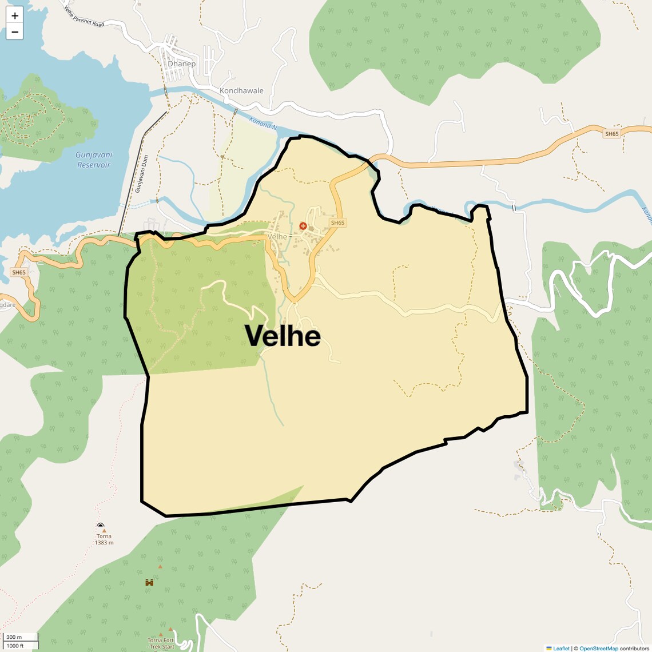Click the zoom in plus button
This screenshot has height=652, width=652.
point(14,15)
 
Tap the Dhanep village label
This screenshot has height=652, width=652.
point(181,63)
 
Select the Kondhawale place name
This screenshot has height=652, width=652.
point(241,91)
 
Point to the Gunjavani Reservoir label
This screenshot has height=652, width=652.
point(94,160)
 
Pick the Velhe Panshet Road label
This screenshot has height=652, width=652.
point(84,17)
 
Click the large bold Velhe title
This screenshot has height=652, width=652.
point(283,336)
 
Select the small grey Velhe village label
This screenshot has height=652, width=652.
point(277,237)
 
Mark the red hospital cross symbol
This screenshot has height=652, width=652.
point(303,226)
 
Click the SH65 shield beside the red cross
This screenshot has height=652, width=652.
point(337,223)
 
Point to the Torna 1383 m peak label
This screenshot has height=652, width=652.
point(104,539)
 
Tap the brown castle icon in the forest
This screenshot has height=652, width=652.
point(149,582)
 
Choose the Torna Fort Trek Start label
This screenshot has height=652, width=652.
point(161,643)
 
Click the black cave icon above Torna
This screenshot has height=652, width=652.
point(101,525)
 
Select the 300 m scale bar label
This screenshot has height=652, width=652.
point(14,637)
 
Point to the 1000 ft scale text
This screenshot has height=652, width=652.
point(15,646)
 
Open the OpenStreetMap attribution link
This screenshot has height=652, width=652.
point(598,649)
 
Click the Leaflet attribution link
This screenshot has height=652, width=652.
point(561,649)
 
